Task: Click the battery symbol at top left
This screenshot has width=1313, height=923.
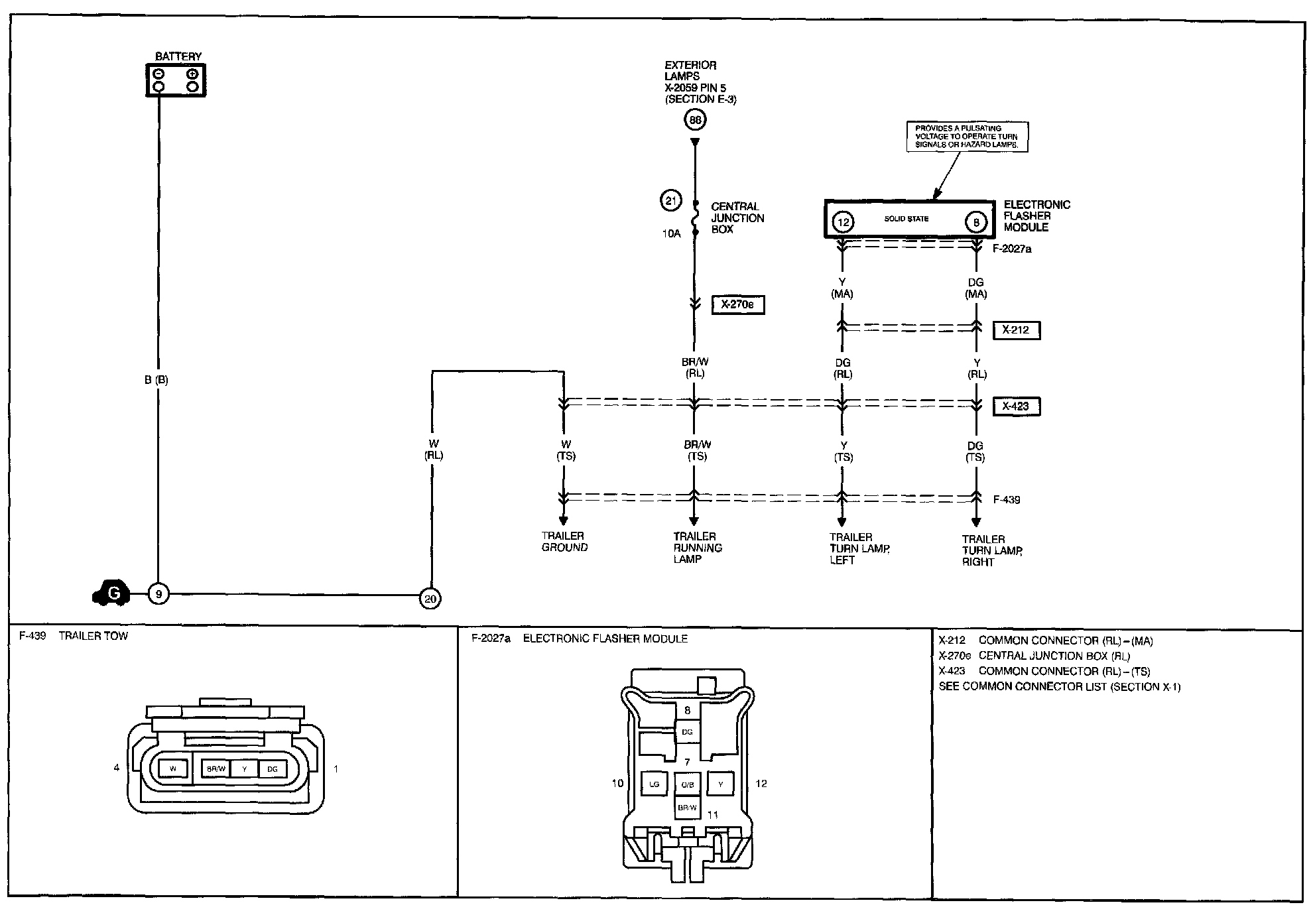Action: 176,80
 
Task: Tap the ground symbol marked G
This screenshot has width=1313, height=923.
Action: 111,593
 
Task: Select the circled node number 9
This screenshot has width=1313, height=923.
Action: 158,594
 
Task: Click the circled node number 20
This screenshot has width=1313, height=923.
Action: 430,599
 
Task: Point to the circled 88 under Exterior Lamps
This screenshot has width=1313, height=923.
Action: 695,120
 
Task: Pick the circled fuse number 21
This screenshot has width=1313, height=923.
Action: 670,200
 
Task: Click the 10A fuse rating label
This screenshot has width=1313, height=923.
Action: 670,233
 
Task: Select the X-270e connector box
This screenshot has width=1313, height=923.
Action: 737,305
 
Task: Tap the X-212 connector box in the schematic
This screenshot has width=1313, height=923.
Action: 1016,330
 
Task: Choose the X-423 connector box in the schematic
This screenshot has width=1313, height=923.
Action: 1016,406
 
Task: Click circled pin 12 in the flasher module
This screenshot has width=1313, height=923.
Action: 843,222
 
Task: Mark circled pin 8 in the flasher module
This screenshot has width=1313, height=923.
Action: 976,222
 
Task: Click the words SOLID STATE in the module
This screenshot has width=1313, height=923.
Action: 907,219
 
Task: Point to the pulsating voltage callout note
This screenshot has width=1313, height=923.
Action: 967,137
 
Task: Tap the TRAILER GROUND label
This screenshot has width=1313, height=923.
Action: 564,542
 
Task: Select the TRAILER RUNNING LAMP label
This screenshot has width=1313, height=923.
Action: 697,548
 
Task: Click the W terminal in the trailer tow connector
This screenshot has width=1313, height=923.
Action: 173,769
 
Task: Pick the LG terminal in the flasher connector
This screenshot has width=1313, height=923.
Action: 655,784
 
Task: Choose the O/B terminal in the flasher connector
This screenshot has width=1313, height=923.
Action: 687,785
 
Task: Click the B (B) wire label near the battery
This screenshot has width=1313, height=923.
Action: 156,381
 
